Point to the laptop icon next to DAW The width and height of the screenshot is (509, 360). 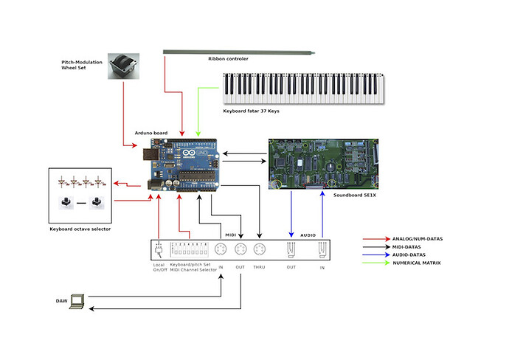pyautogui.click(x=77, y=302)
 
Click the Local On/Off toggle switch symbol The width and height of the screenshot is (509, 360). pyautogui.click(x=159, y=249)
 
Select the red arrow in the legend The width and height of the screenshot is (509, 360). pyautogui.click(x=376, y=239)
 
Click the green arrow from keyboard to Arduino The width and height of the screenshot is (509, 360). pyautogui.click(x=198, y=111)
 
